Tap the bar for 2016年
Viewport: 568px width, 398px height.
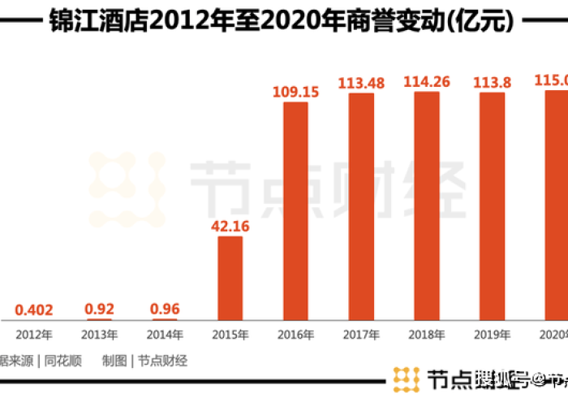tap(295, 211)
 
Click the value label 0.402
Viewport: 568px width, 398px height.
tap(35, 309)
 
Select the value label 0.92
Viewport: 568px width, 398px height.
tap(100, 309)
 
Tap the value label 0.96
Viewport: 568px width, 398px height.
tap(165, 309)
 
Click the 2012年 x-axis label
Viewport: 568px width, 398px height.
tap(35, 335)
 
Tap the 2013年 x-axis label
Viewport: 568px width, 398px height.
tap(100, 335)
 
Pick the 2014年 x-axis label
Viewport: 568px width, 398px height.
tap(165, 335)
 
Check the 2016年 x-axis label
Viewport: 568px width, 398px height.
tap(295, 335)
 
